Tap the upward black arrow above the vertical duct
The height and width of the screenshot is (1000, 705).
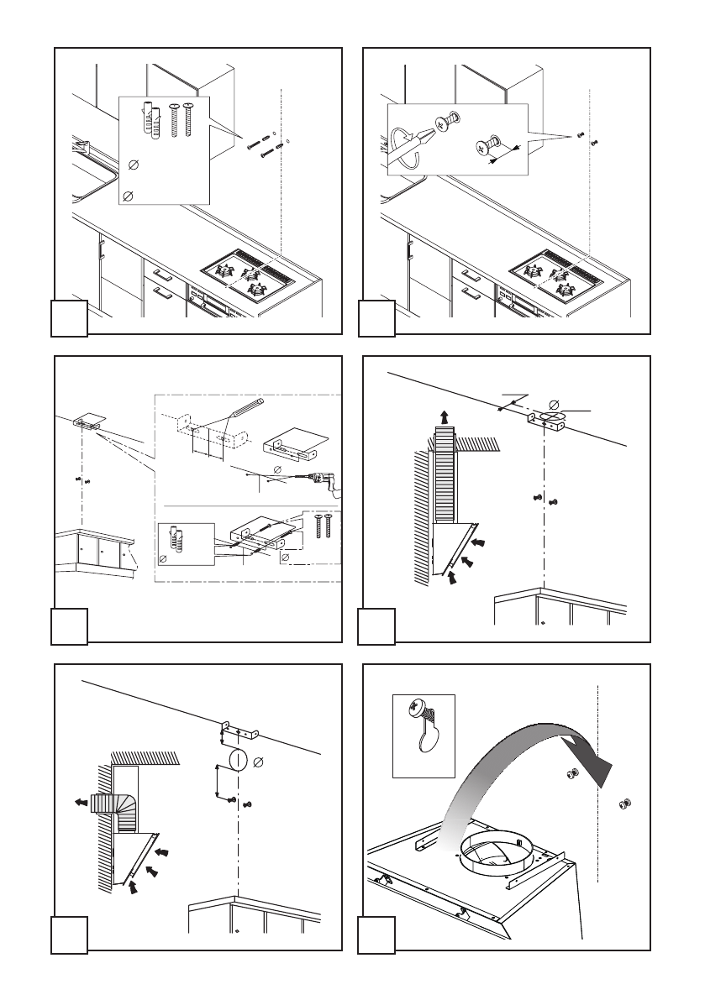pyautogui.click(x=443, y=414)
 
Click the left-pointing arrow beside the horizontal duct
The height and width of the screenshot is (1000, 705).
pyautogui.click(x=80, y=801)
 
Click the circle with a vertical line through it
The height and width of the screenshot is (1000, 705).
pyautogui.click(x=234, y=762)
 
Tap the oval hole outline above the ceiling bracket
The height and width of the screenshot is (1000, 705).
pyautogui.click(x=552, y=414)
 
